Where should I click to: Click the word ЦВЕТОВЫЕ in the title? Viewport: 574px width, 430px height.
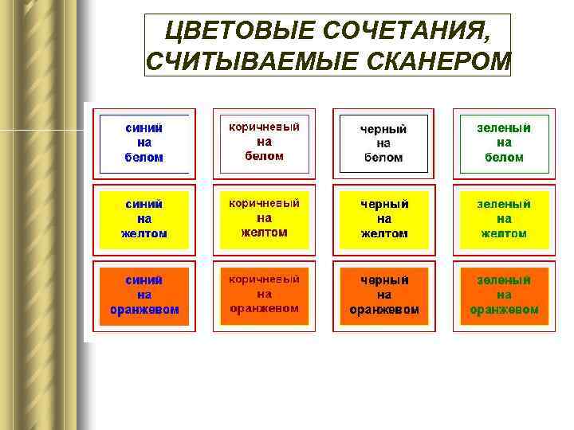pyautogui.click(x=231, y=31)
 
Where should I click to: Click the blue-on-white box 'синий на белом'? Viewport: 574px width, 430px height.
pyautogui.click(x=143, y=143)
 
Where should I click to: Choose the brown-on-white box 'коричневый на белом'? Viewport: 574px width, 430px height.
pyautogui.click(x=264, y=142)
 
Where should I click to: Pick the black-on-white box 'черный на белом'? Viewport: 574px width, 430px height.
pyautogui.click(x=383, y=143)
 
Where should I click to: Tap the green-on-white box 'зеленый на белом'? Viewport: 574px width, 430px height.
pyautogui.click(x=504, y=143)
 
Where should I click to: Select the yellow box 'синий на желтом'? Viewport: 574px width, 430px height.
pyautogui.click(x=143, y=219)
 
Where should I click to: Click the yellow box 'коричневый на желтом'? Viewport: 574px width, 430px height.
pyautogui.click(x=264, y=218)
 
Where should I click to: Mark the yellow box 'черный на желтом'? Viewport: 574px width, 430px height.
pyautogui.click(x=383, y=219)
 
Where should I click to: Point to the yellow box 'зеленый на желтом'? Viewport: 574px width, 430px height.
pyautogui.click(x=504, y=219)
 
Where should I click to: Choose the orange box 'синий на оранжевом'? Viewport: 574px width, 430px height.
pyautogui.click(x=143, y=295)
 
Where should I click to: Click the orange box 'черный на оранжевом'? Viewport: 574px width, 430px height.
pyautogui.click(x=383, y=295)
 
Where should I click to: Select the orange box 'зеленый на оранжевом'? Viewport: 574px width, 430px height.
pyautogui.click(x=504, y=295)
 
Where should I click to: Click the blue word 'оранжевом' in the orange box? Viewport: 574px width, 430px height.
pyautogui.click(x=143, y=309)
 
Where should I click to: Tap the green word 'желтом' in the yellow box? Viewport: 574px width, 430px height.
pyautogui.click(x=504, y=233)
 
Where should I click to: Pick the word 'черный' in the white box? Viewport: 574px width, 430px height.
pyautogui.click(x=383, y=129)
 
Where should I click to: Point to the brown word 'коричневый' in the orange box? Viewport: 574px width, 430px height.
pyautogui.click(x=264, y=279)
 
